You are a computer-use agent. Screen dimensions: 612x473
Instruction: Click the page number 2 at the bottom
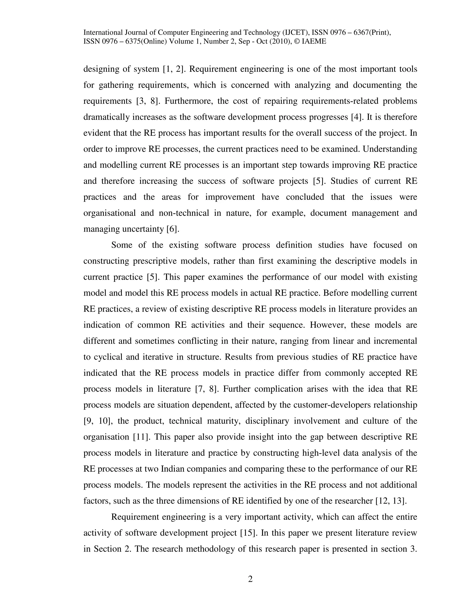[x=250, y=579]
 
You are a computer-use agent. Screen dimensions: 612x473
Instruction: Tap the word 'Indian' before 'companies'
[x=172, y=469]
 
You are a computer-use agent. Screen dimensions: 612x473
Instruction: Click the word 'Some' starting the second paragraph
[x=122, y=245]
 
